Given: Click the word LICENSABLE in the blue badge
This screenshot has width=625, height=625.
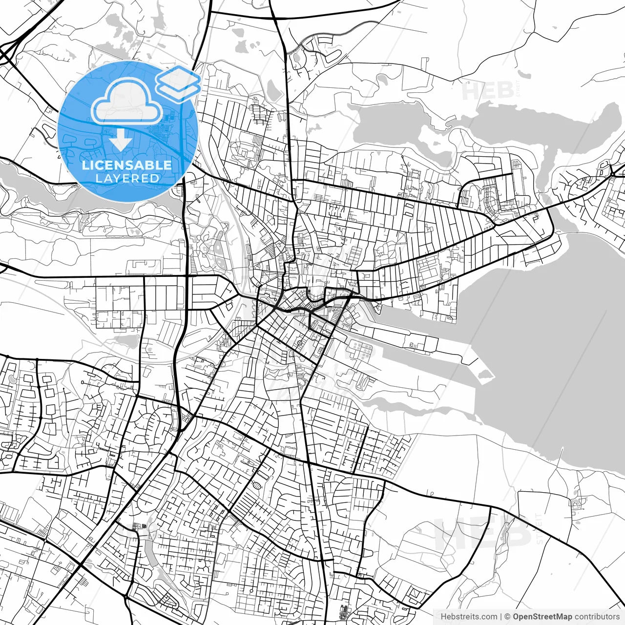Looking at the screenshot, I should click(127, 165).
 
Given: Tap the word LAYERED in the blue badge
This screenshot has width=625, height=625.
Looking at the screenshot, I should click(127, 178).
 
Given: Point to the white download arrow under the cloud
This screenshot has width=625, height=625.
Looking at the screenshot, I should click(120, 139).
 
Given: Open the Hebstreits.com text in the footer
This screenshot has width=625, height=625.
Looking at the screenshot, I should click(469, 617).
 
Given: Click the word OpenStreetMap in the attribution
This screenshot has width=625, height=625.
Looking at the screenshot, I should click(542, 617).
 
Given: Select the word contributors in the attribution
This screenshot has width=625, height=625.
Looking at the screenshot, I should click(597, 617).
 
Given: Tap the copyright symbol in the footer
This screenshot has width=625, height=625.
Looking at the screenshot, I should click(507, 617).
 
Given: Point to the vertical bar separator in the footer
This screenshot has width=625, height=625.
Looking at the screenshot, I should click(501, 617).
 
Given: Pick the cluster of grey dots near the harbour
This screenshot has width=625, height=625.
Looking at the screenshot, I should click(362, 348).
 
